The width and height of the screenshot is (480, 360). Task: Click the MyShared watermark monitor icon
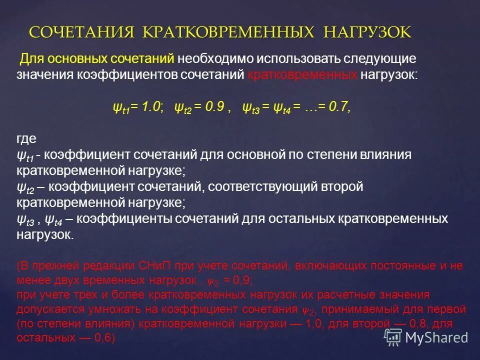(392, 337)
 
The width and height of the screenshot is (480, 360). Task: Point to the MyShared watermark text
(436, 337)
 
